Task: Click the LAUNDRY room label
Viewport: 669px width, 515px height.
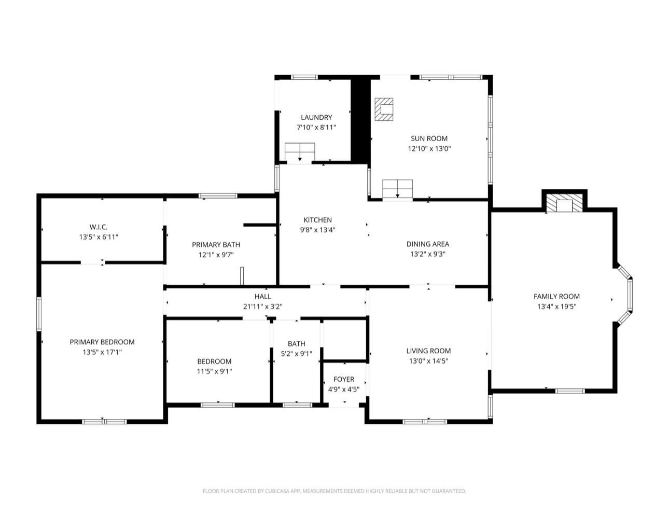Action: (x=316, y=117)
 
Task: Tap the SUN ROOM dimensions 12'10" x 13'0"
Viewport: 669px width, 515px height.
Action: (x=429, y=149)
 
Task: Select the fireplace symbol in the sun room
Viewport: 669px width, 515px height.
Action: (x=384, y=109)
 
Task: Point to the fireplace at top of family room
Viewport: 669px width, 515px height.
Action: (x=564, y=203)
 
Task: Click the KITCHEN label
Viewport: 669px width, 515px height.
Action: (x=318, y=220)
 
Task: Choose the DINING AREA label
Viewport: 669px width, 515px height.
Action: (x=428, y=244)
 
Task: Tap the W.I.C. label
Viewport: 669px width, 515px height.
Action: (x=99, y=227)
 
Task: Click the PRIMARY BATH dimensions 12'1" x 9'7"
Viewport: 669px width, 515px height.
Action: (x=216, y=255)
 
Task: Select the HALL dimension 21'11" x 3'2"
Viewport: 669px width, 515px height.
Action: (x=262, y=307)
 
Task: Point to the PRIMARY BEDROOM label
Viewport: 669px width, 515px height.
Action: (x=102, y=342)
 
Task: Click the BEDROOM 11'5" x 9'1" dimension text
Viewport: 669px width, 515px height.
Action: (x=214, y=371)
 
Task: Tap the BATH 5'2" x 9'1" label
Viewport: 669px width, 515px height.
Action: (x=297, y=343)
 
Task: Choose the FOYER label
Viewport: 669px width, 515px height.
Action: (x=344, y=379)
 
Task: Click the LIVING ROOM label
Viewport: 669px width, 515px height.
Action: (x=428, y=351)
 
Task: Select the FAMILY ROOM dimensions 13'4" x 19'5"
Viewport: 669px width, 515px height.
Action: (x=556, y=307)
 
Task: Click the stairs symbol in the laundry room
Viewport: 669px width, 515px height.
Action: (x=300, y=152)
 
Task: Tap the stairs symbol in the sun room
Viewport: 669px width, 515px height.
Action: (x=397, y=188)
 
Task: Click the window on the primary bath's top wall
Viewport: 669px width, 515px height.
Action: (x=218, y=196)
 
